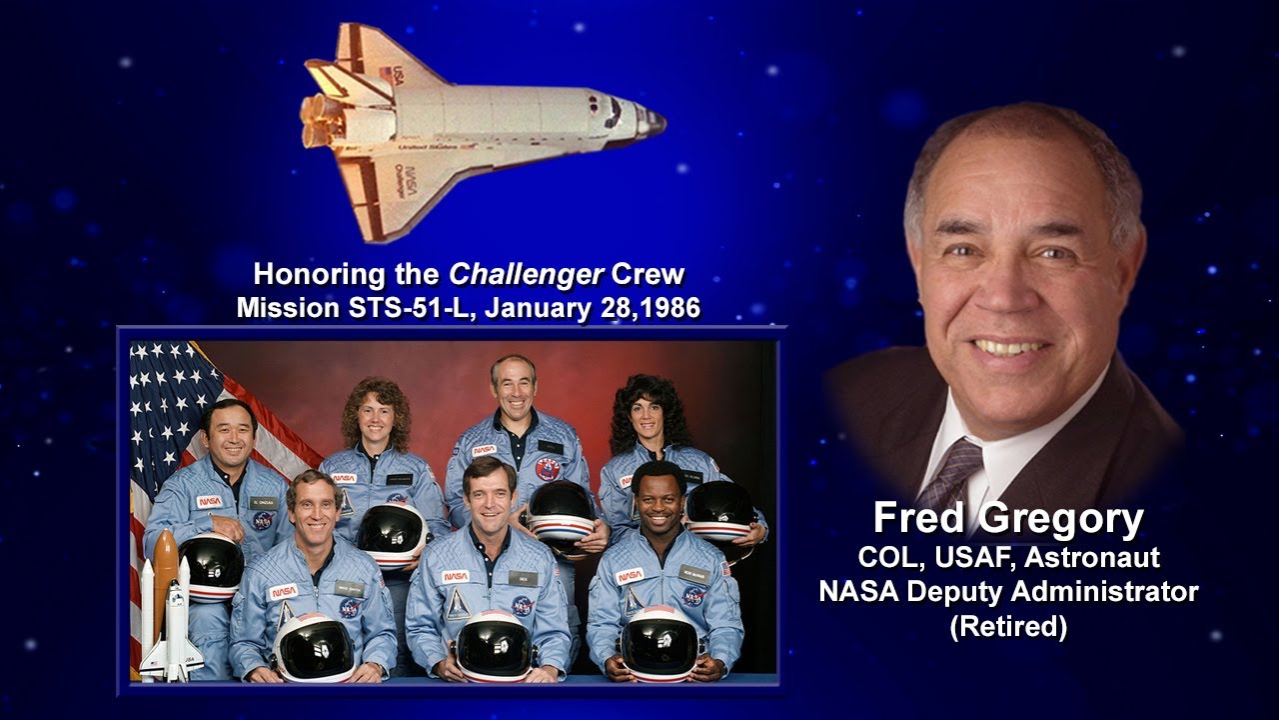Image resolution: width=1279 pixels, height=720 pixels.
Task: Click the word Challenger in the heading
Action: point(503,274)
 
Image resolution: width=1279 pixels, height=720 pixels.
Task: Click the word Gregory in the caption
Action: point(1060,520)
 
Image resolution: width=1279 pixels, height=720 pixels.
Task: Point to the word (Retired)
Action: point(1009,627)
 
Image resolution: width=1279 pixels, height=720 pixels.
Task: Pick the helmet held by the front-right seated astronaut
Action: point(659,640)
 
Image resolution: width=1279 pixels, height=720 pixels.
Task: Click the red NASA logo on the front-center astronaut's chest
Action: point(456,577)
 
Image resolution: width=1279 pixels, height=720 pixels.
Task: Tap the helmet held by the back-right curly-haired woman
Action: point(719,511)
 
